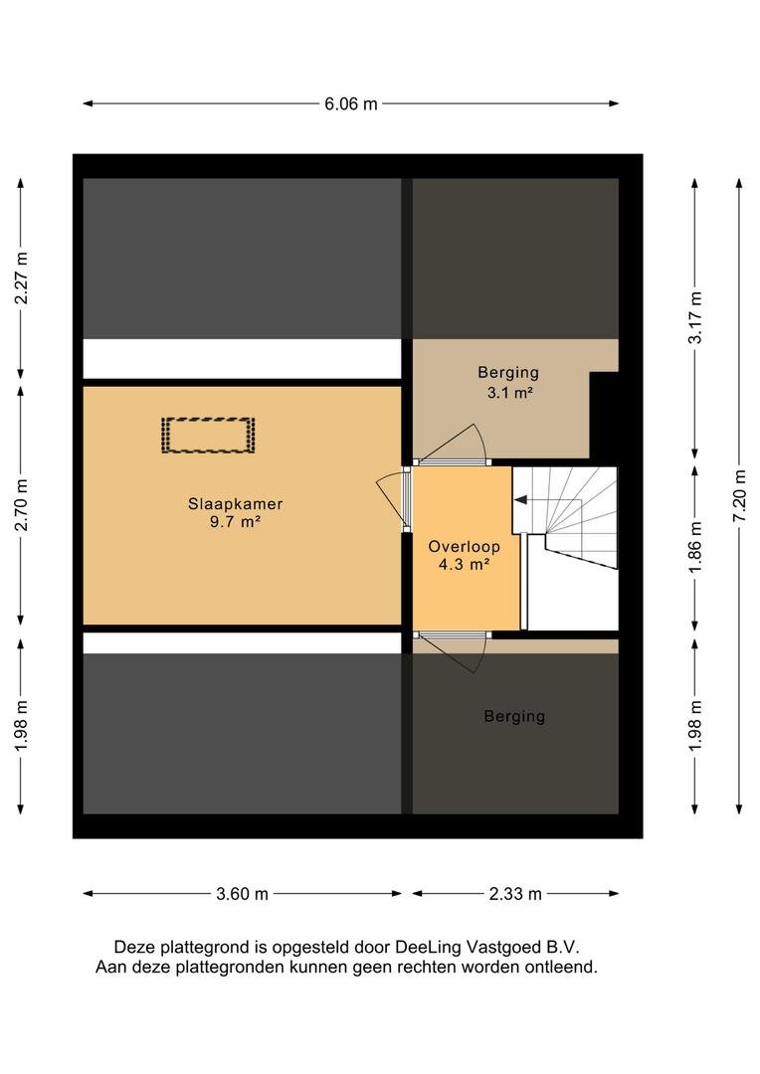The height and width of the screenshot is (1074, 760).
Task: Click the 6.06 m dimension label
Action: (351, 104)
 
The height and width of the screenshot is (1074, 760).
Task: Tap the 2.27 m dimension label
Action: (23, 278)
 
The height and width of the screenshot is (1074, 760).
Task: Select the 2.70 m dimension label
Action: (23, 505)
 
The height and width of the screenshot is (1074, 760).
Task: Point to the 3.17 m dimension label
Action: (696, 318)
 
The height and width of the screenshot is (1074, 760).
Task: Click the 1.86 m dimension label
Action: (696, 547)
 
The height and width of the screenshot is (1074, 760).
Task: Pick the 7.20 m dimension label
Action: (740, 496)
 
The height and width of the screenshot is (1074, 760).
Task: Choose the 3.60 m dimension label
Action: (242, 894)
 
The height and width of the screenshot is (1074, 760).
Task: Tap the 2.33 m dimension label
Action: (515, 894)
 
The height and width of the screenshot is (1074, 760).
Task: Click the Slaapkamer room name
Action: (235, 504)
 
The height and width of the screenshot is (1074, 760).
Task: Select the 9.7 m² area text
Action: (235, 522)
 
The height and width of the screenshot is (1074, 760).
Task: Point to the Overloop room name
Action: (464, 547)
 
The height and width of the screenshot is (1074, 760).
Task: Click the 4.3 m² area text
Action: (464, 565)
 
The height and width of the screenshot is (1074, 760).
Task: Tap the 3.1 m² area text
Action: (508, 393)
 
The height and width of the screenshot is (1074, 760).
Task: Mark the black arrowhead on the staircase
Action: (520, 500)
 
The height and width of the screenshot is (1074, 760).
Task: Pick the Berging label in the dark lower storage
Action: (514, 716)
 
